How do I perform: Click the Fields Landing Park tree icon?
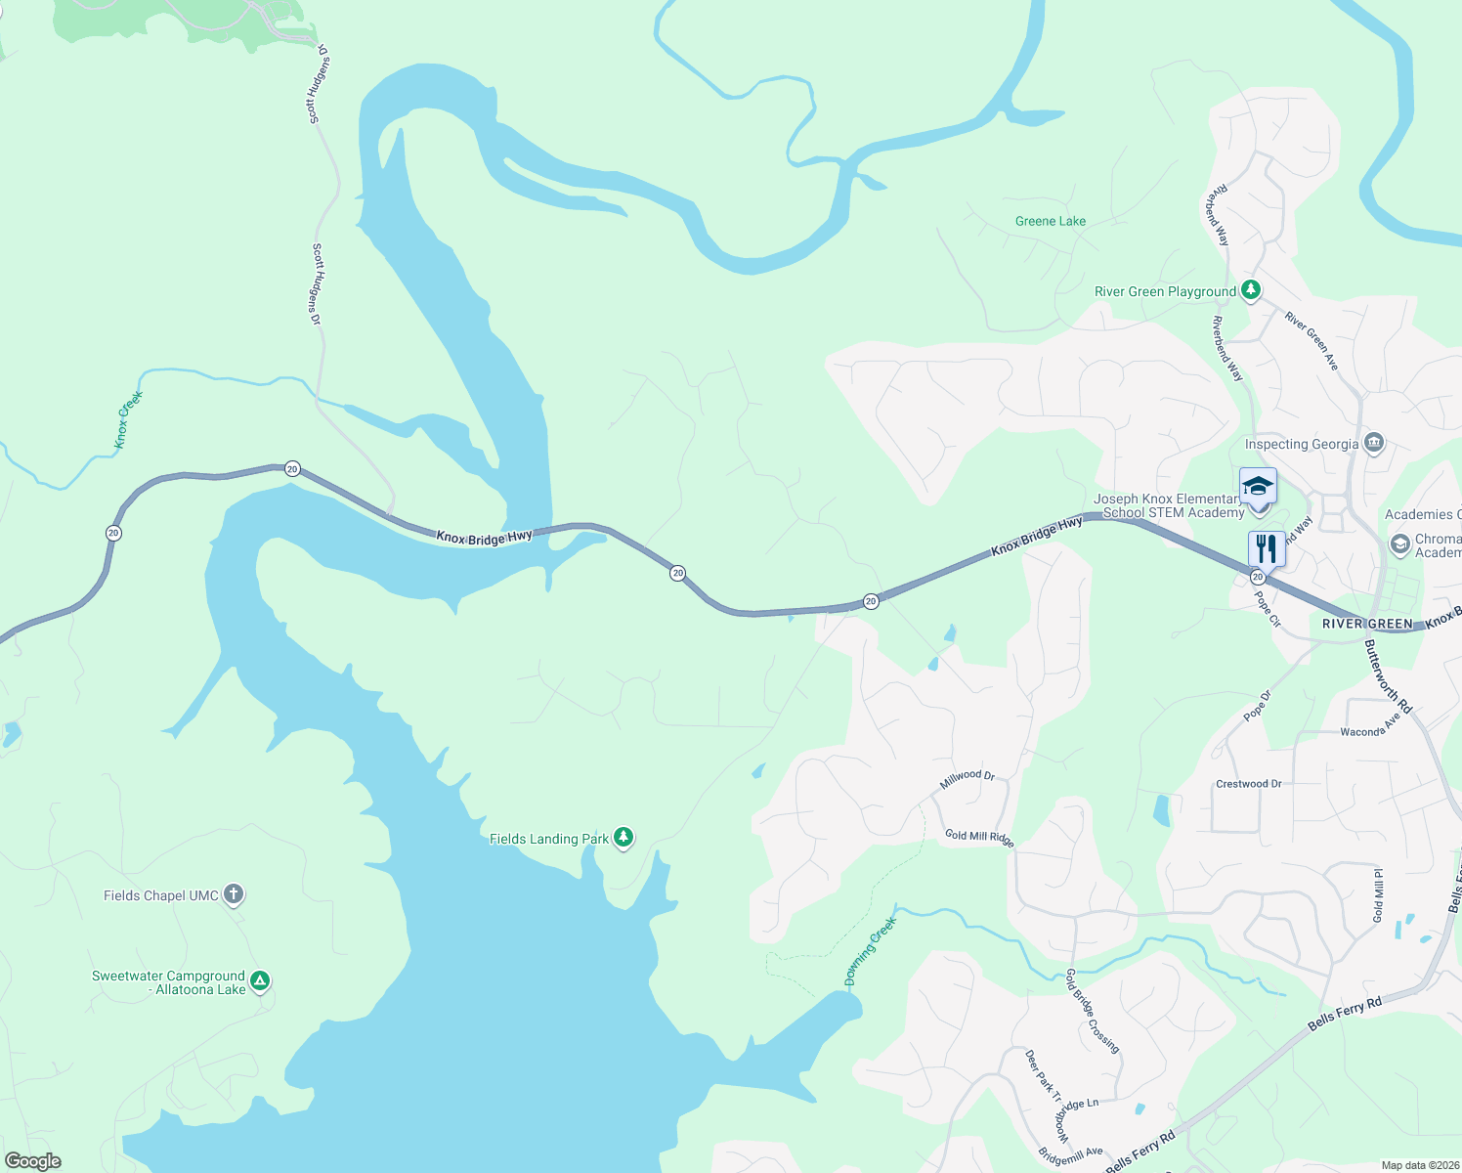click(623, 838)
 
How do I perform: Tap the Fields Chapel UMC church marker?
click(233, 894)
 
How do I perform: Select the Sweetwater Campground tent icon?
click(259, 981)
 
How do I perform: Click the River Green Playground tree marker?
click(1250, 290)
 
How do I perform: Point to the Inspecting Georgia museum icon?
click(1374, 443)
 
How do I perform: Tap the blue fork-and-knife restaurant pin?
click(1267, 548)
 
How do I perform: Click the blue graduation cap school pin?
click(1258, 486)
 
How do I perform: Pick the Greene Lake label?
click(1050, 221)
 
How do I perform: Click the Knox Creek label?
click(128, 419)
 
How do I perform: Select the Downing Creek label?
click(870, 951)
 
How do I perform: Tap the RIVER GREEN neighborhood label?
click(1366, 624)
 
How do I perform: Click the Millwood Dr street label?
click(967, 779)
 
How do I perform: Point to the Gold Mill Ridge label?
click(979, 838)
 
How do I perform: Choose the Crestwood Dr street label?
click(1248, 784)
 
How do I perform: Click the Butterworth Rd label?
click(1388, 675)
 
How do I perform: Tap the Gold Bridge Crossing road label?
click(1092, 1011)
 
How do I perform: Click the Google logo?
click(32, 1161)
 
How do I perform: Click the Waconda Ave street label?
click(1370, 726)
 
